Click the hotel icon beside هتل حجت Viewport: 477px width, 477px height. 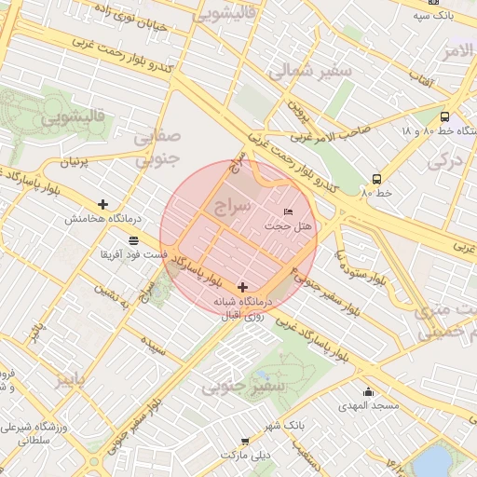coord(287,213)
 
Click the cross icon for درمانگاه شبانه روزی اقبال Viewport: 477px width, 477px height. coord(243,287)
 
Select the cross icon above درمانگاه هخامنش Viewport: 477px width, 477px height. coord(102,204)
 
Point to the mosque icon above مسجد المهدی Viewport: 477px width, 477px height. coord(368,392)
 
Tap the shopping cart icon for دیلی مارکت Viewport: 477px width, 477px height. coord(245,441)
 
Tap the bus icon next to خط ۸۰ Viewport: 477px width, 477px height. coord(376,179)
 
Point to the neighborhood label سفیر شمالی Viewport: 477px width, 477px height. coord(310,71)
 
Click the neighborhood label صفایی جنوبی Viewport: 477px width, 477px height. coord(156,148)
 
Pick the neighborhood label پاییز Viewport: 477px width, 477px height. coord(75,379)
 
